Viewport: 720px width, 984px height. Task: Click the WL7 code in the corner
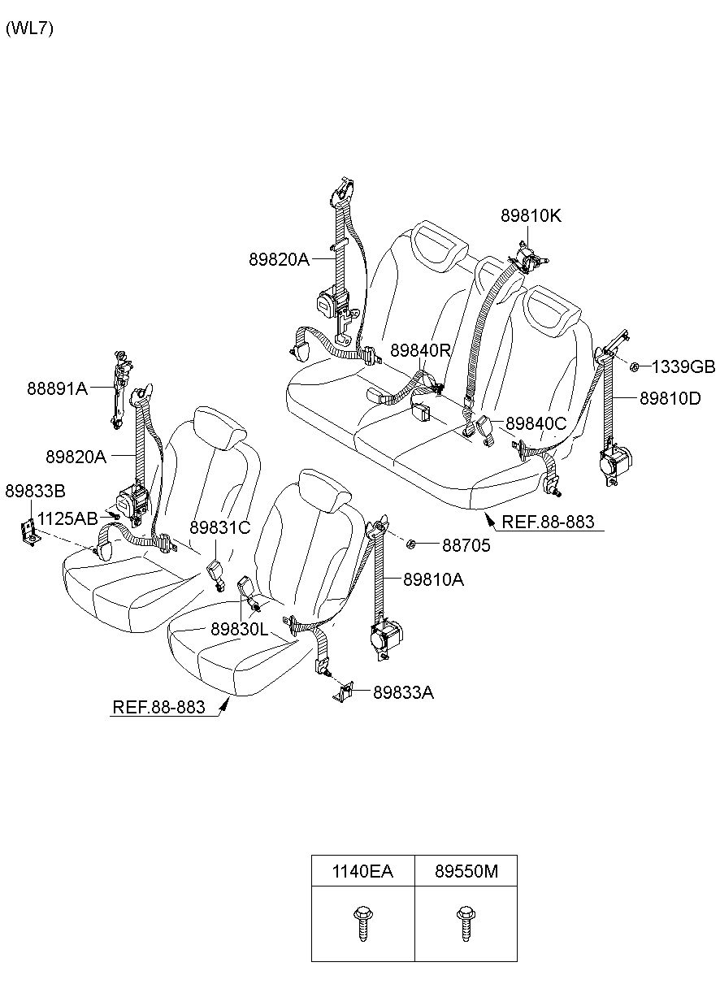coord(29,28)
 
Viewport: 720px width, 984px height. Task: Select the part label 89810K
coord(531,215)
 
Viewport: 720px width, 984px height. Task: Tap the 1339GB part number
coord(683,366)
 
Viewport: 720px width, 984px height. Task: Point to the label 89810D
coord(670,398)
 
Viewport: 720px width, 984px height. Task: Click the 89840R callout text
coord(420,350)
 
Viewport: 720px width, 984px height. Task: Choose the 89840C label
coord(536,423)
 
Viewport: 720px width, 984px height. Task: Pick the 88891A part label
coord(58,388)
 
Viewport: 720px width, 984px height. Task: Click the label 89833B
coord(35,491)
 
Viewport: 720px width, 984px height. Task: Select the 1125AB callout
coord(67,518)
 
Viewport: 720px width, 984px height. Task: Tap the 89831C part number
coord(219,527)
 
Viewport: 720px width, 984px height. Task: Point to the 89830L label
coord(239,630)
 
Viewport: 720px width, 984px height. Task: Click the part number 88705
coord(466,545)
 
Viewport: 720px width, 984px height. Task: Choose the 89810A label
coord(433,580)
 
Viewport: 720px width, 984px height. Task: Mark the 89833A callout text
coord(403,692)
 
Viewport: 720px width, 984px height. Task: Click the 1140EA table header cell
coord(362,871)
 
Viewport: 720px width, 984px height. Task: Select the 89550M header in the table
coord(466,871)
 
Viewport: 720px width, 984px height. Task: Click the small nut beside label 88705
coord(410,544)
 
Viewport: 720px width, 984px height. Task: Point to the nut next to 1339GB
coord(634,366)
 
